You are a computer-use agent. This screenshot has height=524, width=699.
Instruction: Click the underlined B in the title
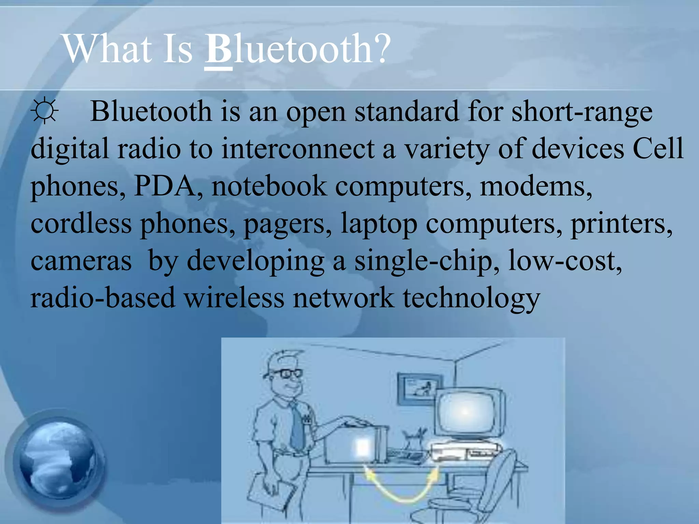click(218, 49)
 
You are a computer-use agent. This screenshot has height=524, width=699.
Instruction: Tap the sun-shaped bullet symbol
click(44, 111)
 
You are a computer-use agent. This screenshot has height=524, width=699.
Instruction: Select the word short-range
click(582, 112)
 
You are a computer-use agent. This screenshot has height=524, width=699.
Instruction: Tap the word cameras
click(81, 261)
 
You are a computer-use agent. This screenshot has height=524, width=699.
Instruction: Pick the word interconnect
click(298, 149)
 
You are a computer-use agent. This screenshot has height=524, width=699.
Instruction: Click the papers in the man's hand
click(270, 495)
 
